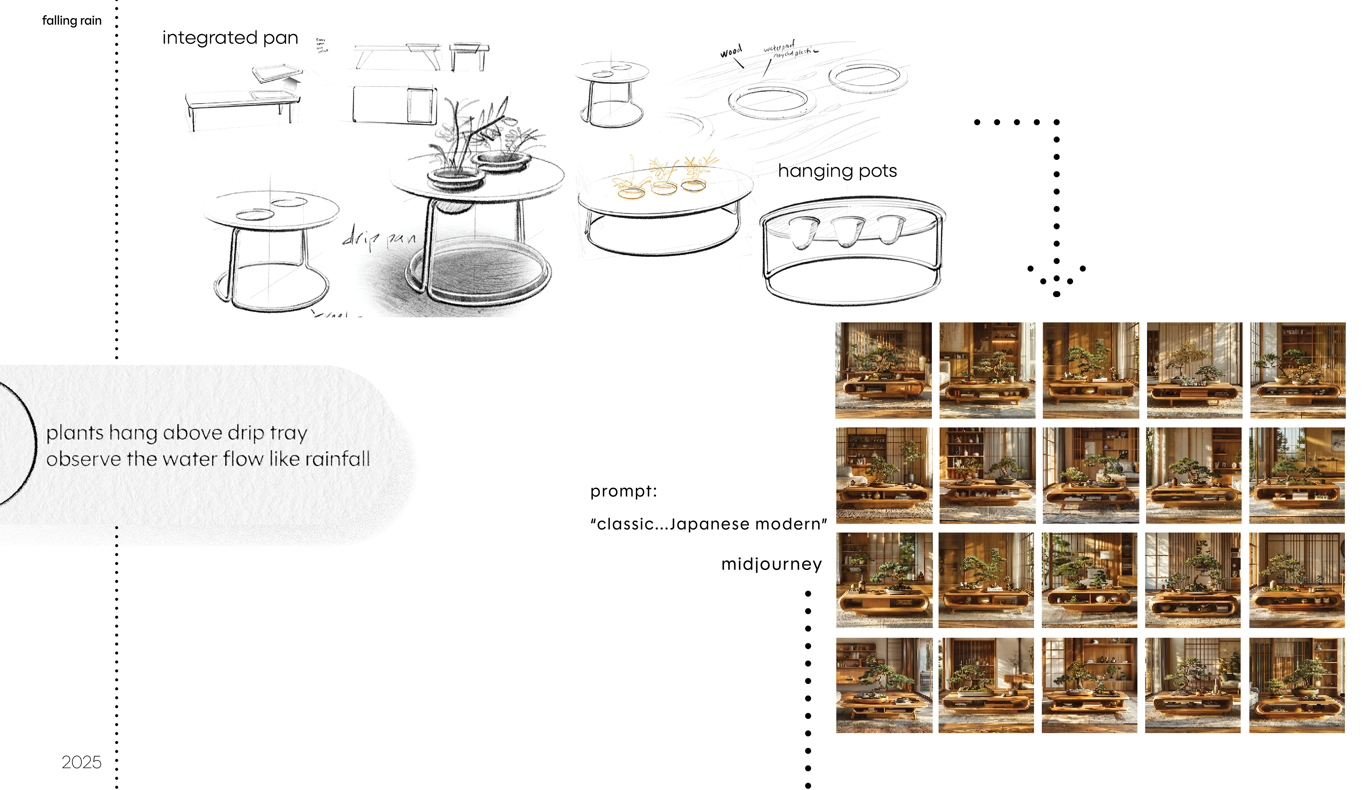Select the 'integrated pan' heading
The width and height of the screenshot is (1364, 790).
(230, 38)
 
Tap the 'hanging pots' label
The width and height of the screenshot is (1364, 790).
(837, 171)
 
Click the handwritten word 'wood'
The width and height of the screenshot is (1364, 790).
(731, 52)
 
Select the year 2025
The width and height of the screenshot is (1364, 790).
(81, 762)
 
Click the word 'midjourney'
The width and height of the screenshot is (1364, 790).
(771, 564)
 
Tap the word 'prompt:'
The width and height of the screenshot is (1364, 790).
(623, 491)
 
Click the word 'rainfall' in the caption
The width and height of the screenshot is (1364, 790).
(338, 459)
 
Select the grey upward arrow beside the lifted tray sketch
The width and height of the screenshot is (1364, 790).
(292, 83)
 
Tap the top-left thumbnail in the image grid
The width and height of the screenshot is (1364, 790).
(883, 370)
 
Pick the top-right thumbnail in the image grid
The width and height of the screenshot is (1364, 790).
(1298, 370)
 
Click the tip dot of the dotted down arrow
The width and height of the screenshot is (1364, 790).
(1056, 294)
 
